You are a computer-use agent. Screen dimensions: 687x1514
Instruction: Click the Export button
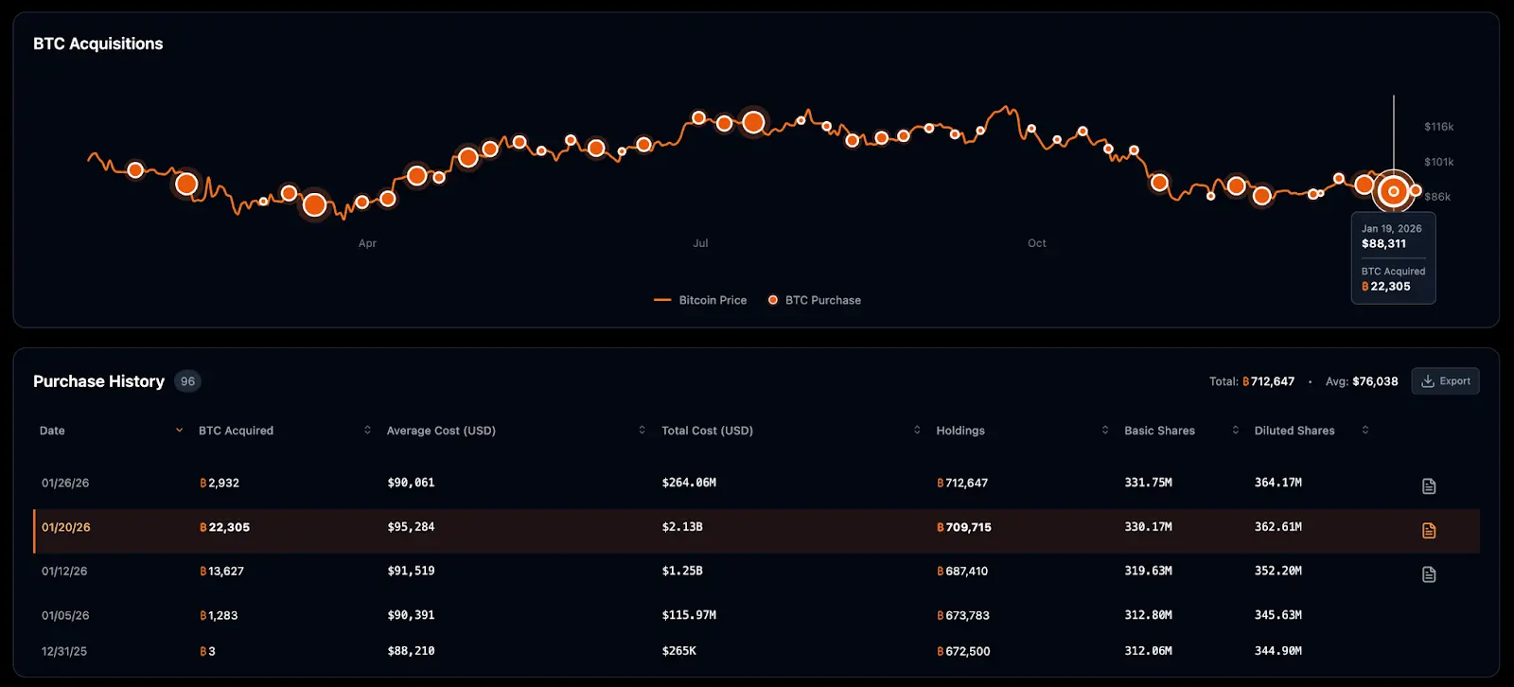1445,381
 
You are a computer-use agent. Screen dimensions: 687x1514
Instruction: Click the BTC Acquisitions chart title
98,44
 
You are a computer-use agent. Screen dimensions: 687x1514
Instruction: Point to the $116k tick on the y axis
1438,127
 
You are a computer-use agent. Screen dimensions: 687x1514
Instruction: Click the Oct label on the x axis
1037,243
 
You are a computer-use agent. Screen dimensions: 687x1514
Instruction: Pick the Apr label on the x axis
367,243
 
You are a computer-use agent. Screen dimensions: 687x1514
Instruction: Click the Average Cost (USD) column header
441,431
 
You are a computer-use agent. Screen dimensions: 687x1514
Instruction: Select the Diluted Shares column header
1294,431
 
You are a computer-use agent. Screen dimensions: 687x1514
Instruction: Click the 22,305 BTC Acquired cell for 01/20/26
225,527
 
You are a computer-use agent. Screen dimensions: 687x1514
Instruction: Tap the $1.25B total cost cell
682,571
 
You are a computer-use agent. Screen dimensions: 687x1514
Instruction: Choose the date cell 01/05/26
65,615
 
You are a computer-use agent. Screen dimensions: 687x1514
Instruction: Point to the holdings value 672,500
963,651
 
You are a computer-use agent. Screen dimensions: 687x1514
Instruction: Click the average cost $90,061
411,483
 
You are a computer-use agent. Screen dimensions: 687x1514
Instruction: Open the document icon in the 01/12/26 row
1429,574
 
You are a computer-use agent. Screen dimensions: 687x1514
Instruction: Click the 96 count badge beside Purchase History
187,381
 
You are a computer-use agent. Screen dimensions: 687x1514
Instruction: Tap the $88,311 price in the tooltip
1383,244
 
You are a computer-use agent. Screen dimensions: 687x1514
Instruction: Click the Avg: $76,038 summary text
1362,381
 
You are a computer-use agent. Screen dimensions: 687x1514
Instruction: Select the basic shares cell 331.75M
1148,483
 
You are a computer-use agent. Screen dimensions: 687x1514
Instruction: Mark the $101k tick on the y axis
1438,162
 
